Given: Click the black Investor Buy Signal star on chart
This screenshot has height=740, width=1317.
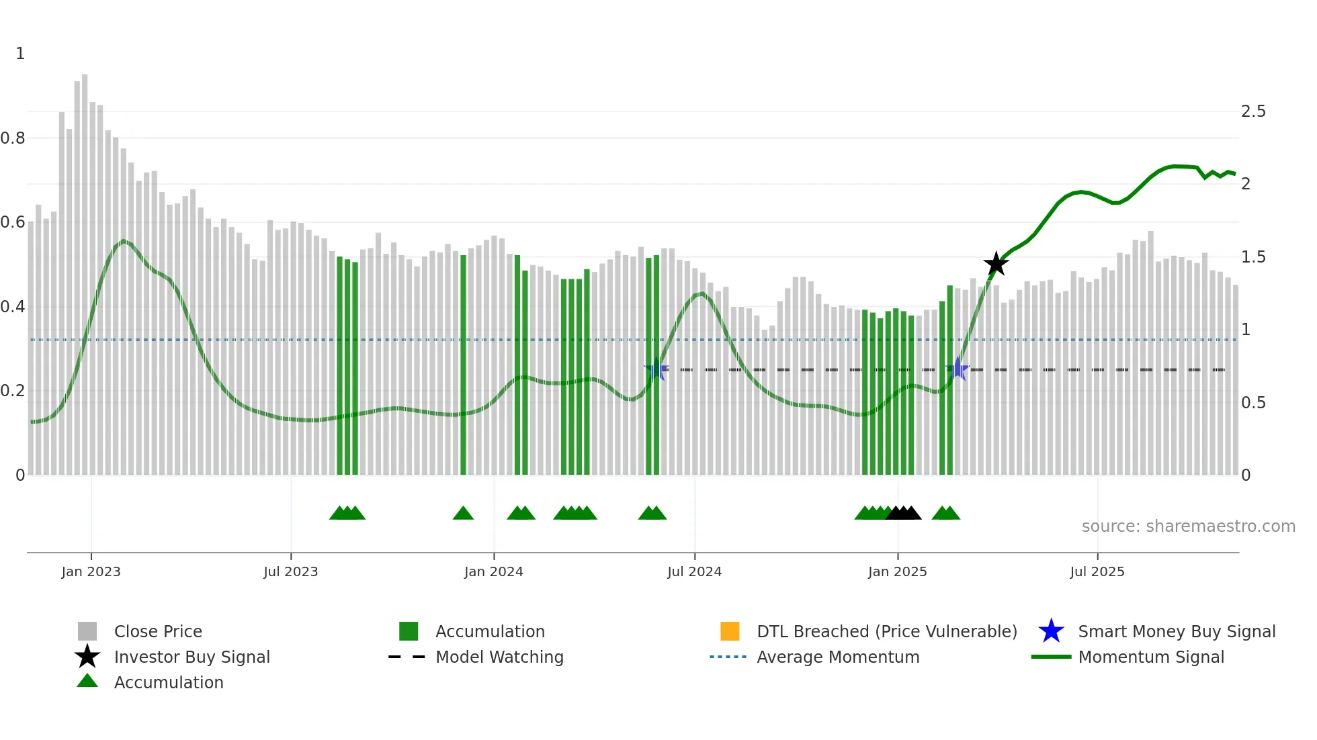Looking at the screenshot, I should pyautogui.click(x=996, y=264).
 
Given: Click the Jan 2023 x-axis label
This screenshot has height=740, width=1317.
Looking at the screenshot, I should pyautogui.click(x=91, y=571).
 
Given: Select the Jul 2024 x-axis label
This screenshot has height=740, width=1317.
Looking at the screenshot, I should pyautogui.click(x=694, y=571).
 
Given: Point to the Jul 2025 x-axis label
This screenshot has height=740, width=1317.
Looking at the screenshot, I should pyautogui.click(x=1097, y=571).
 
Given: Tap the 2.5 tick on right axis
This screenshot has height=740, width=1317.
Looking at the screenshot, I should pyautogui.click(x=1252, y=111).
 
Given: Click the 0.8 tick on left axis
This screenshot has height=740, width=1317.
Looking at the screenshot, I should pyautogui.click(x=13, y=138).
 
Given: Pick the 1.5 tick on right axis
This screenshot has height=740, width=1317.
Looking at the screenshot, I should pyautogui.click(x=1252, y=257).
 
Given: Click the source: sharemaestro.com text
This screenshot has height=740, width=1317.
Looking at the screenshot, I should pyautogui.click(x=1188, y=526).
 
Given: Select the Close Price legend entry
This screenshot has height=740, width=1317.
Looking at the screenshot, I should pyautogui.click(x=158, y=631).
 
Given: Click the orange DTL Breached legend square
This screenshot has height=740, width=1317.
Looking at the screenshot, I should pyautogui.click(x=730, y=631).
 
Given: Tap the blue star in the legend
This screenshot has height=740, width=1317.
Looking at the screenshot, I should pyautogui.click(x=1051, y=631).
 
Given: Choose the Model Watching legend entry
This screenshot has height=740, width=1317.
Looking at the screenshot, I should pyautogui.click(x=499, y=657).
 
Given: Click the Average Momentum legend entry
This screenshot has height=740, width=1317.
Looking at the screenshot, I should pyautogui.click(x=837, y=657).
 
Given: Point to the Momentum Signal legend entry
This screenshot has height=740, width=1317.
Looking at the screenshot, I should pyautogui.click(x=1150, y=657).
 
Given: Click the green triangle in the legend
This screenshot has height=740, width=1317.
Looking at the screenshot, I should pyautogui.click(x=87, y=681).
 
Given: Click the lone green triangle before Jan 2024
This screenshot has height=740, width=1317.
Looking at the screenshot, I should pyautogui.click(x=463, y=514).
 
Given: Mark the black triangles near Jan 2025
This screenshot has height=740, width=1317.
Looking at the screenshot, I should pyautogui.click(x=903, y=514).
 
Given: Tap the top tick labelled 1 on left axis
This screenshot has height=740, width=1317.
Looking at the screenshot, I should pyautogui.click(x=20, y=54).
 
